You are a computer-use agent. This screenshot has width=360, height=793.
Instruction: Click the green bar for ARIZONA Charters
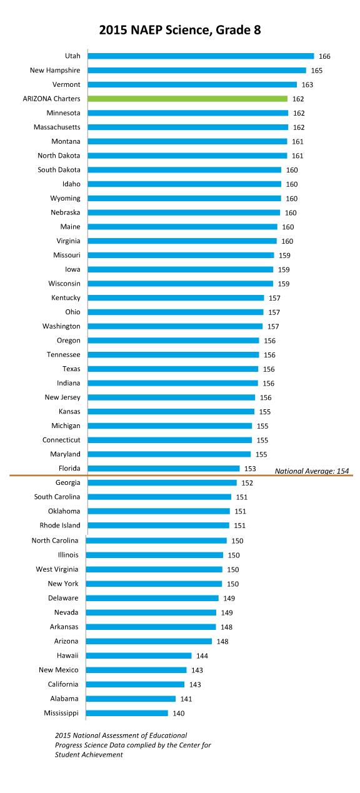[x=187, y=99]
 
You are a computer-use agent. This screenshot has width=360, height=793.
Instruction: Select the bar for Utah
[x=201, y=56]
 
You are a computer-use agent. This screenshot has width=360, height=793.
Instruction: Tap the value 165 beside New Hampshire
[x=317, y=71]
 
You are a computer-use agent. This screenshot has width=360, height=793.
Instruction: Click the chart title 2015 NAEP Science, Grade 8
[x=180, y=30]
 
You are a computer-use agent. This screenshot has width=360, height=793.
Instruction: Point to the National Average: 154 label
[x=312, y=471]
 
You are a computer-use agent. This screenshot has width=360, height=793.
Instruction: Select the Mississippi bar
[x=127, y=713]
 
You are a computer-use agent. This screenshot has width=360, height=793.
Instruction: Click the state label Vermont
[x=66, y=84]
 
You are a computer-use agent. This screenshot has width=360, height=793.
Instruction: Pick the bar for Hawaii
[x=138, y=656]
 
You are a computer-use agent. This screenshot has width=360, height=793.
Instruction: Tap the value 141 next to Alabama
[x=186, y=699]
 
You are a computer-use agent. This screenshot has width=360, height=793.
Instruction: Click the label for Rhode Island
[x=60, y=526]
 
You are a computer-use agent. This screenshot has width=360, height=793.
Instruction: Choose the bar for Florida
[x=164, y=469]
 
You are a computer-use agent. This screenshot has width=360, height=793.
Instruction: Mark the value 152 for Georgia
[x=247, y=483]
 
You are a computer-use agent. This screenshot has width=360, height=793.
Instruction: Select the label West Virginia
[x=57, y=569]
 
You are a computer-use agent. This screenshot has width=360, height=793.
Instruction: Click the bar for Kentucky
[x=176, y=297]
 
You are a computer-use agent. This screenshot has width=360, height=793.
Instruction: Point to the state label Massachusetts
[x=57, y=127]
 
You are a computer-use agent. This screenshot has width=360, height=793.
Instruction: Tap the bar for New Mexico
[x=136, y=670]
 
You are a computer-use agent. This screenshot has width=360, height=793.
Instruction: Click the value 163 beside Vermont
[x=307, y=84]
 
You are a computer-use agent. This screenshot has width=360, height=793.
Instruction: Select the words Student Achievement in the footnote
[x=89, y=755]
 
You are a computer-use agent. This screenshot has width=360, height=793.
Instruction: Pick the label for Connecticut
[x=61, y=440]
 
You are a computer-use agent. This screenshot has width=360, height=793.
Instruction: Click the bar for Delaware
[x=152, y=598]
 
